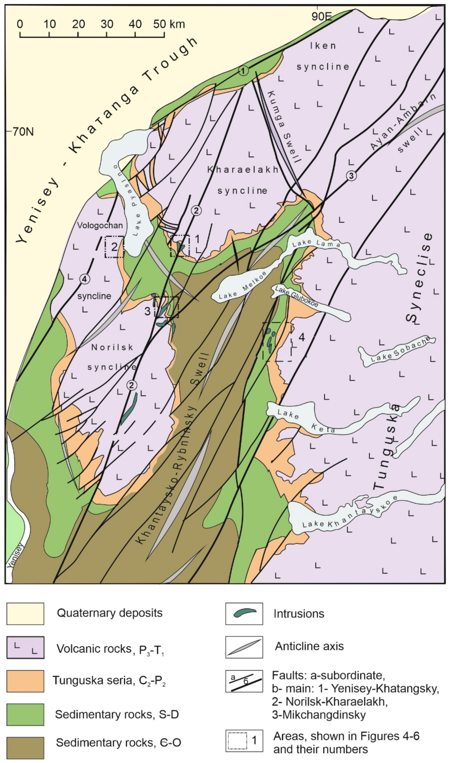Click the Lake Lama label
pos(316,243)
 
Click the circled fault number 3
pos(351,176)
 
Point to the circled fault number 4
pos(85,279)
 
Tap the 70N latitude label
pos(23,132)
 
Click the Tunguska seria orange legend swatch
pos(25,681)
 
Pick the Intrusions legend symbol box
pos(244,614)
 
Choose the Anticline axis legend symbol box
pos(244,647)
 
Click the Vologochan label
pos(100,225)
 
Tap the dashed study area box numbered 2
pos(114,247)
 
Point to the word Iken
pos(323,46)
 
